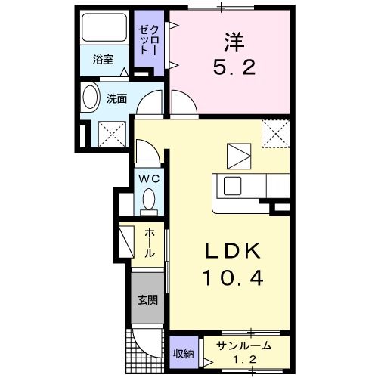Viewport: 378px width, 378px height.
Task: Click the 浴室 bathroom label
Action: pyautogui.click(x=103, y=60)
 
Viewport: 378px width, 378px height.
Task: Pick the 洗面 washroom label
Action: pyautogui.click(x=116, y=98)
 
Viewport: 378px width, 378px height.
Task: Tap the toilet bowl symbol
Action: pyautogui.click(x=148, y=201)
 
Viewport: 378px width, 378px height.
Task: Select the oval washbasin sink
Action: pyautogui.click(x=89, y=98)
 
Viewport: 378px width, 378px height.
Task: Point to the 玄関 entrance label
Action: pyautogui.click(x=147, y=299)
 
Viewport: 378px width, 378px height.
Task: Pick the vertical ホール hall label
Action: pyautogui.click(x=150, y=243)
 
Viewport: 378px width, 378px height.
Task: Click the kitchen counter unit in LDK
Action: pyautogui.click(x=240, y=194)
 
